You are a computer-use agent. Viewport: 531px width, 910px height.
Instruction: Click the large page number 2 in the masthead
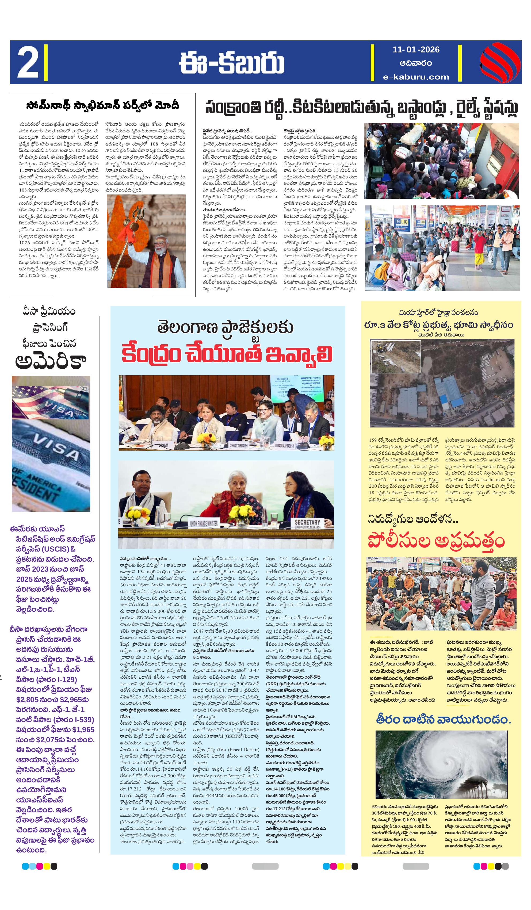coord(28,63)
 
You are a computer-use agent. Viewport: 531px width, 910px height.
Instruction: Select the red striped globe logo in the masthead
coord(500,63)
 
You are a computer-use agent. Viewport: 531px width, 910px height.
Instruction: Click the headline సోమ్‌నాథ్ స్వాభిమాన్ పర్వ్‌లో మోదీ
coord(102,105)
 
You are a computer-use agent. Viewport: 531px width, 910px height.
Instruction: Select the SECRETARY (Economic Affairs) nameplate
coord(307,524)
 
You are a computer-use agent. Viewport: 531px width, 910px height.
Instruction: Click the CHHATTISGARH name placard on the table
coord(238,446)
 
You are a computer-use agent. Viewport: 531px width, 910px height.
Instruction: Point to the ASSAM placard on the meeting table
coord(163,446)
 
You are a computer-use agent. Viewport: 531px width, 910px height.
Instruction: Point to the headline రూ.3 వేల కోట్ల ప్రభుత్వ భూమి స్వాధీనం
coord(438,325)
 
